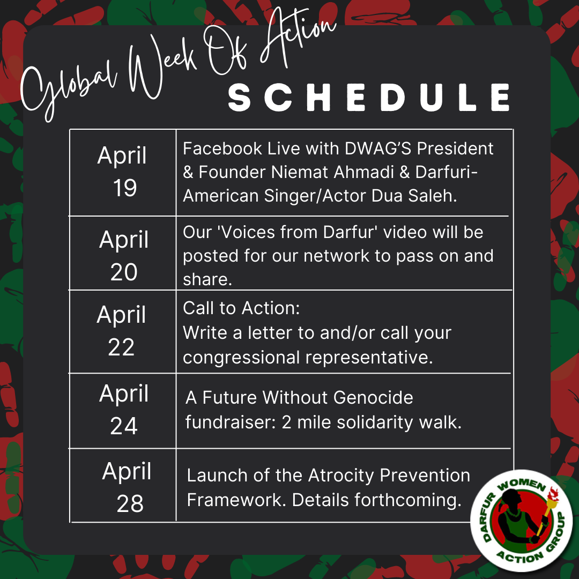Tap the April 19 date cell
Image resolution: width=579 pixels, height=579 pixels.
tap(123, 173)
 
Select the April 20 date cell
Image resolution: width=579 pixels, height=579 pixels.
tap(123, 253)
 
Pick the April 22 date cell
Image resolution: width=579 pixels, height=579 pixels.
tap(123, 332)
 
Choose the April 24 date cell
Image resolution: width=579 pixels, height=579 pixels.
tap(123, 411)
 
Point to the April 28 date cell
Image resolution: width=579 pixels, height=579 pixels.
tap(123, 486)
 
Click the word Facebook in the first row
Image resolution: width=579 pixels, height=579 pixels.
tap(222, 149)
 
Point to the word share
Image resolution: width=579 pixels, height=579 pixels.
tap(207, 279)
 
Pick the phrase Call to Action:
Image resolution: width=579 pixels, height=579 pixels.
tap(241, 308)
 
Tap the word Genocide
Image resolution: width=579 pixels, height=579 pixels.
tap(373, 398)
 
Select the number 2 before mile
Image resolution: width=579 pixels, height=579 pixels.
tap(286, 422)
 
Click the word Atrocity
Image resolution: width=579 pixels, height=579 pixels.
tap(341, 476)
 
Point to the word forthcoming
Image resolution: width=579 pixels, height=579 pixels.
tap(408, 500)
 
